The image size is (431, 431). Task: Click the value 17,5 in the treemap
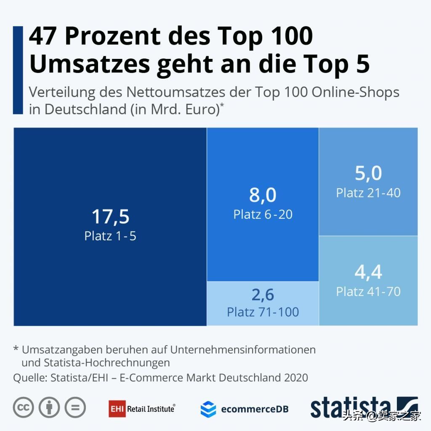(x=110, y=217)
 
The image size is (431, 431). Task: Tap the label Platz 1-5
(x=110, y=236)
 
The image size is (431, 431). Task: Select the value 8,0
(x=263, y=195)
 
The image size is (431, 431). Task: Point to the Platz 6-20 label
(x=263, y=214)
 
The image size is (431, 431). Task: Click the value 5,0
(x=368, y=173)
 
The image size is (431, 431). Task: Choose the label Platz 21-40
(x=368, y=193)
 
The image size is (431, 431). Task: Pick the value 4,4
(x=368, y=272)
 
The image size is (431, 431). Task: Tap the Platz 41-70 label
(x=368, y=291)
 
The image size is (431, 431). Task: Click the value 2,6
(x=263, y=295)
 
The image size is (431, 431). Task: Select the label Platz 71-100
(x=263, y=312)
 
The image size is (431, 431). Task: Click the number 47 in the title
(x=43, y=36)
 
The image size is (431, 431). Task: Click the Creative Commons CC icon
(x=24, y=407)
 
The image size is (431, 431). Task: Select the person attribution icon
(x=49, y=407)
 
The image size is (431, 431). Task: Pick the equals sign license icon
(x=75, y=407)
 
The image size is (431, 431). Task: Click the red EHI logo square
(x=117, y=408)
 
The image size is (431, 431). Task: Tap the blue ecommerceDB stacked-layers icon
(x=208, y=409)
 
